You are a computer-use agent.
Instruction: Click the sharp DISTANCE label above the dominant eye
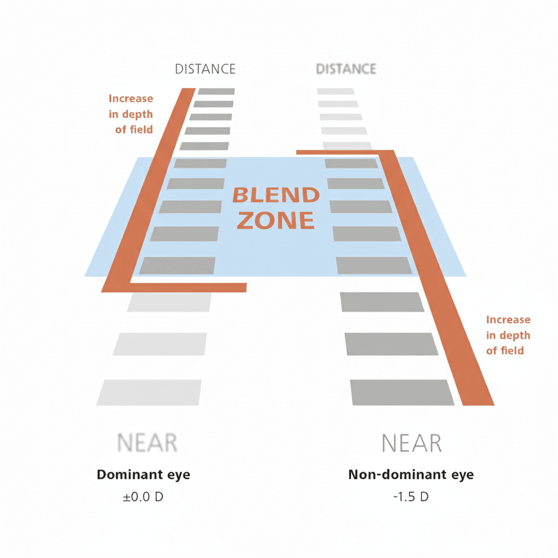click(205, 69)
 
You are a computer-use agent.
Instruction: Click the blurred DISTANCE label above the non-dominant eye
click(346, 69)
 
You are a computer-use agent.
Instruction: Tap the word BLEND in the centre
click(276, 195)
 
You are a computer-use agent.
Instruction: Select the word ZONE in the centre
click(276, 220)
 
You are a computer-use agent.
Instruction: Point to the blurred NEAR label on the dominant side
click(147, 442)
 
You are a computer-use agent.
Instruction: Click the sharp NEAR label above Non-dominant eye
click(411, 443)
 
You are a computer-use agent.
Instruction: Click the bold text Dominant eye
click(143, 475)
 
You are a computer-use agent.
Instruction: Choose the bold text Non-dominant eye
click(411, 475)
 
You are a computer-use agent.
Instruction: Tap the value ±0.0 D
click(143, 496)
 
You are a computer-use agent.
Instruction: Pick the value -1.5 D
click(411, 496)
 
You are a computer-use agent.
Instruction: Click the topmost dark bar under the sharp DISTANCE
click(216, 92)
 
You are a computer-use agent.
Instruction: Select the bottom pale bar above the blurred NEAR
click(149, 392)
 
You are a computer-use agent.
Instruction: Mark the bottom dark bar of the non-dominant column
click(402, 392)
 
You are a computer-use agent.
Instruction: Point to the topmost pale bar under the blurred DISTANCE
click(336, 92)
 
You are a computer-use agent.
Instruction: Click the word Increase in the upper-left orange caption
click(131, 98)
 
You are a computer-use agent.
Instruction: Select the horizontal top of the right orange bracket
click(345, 153)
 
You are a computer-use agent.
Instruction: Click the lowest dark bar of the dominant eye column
click(177, 265)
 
